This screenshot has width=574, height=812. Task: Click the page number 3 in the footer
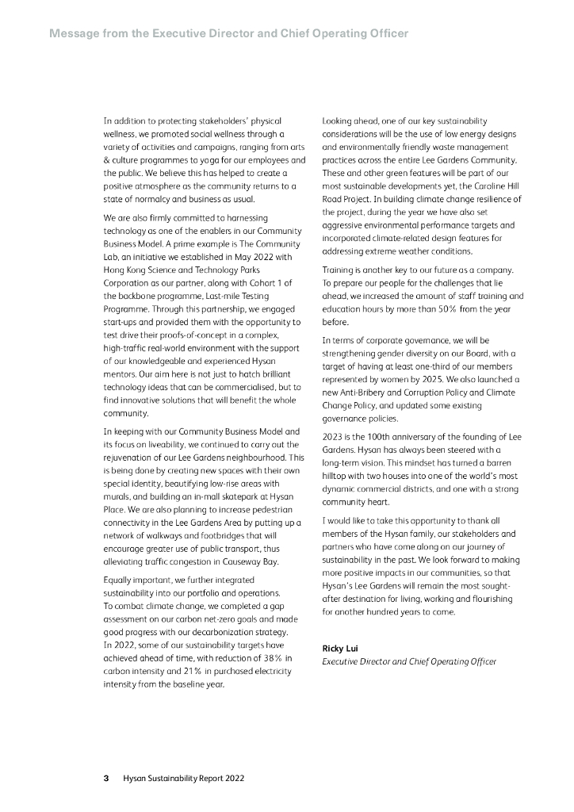pos(106,778)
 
